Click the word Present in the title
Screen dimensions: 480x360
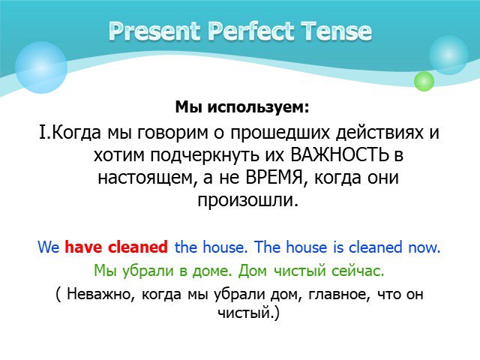pyautogui.click(x=154, y=31)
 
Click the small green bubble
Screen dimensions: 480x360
pyautogui.click(x=424, y=81)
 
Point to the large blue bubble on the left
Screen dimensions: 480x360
pyautogui.click(x=41, y=67)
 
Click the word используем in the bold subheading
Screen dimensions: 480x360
pyautogui.click(x=258, y=107)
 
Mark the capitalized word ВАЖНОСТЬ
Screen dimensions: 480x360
pyautogui.click(x=339, y=155)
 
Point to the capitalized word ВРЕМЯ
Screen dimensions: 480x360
pyautogui.click(x=274, y=178)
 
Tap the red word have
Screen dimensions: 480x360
pyautogui.click(x=82, y=247)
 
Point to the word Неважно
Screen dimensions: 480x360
pyautogui.click(x=100, y=295)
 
